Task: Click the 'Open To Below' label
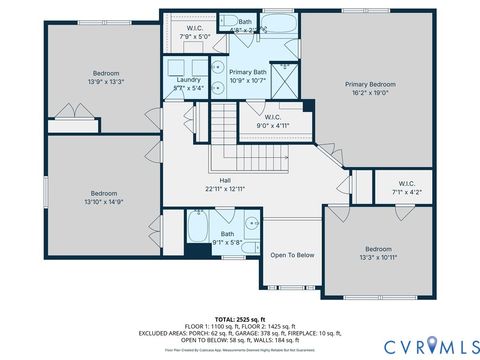(x=292, y=255)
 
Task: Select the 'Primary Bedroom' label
(x=370, y=85)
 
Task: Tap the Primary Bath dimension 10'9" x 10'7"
(x=246, y=81)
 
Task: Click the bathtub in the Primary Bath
(x=278, y=25)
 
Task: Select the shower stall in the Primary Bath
(x=284, y=78)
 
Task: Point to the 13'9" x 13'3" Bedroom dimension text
(x=106, y=82)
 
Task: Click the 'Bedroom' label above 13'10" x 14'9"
(x=104, y=193)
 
